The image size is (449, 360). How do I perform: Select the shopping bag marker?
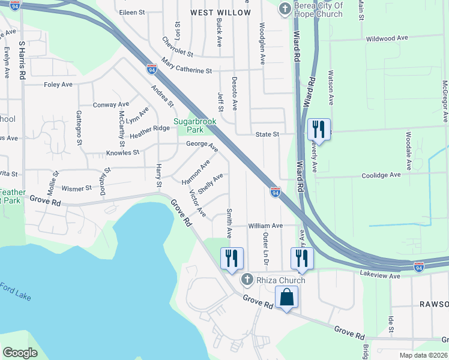tap(286, 296)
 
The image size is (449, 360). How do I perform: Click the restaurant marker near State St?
tap(319, 129)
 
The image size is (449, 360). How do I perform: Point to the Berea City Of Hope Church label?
tap(318, 10)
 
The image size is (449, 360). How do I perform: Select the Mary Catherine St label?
tap(187, 66)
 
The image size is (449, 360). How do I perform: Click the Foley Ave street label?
tap(58, 85)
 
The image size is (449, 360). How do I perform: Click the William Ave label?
tap(265, 226)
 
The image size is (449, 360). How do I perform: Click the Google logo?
tap(20, 353)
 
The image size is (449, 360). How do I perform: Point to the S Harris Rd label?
tap(22, 61)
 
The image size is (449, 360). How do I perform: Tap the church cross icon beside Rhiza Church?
tap(247, 280)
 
